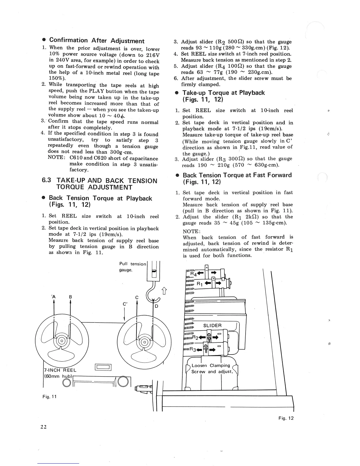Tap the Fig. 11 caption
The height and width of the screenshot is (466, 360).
(x=49, y=397)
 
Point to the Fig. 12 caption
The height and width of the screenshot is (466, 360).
(x=286, y=418)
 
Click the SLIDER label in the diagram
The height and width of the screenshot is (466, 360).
(x=212, y=325)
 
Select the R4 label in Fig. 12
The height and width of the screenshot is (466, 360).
(x=194, y=274)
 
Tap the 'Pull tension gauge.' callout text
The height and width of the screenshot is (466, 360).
(x=132, y=267)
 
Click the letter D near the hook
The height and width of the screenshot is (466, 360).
(x=156, y=306)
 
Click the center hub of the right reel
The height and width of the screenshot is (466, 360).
(x=145, y=342)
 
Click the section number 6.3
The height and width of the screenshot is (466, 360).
(x=47, y=181)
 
